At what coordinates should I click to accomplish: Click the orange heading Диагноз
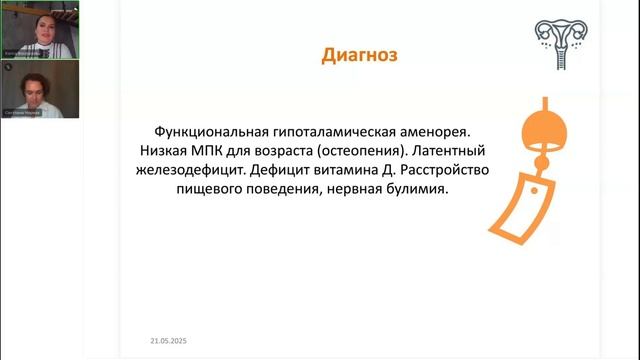359,56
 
